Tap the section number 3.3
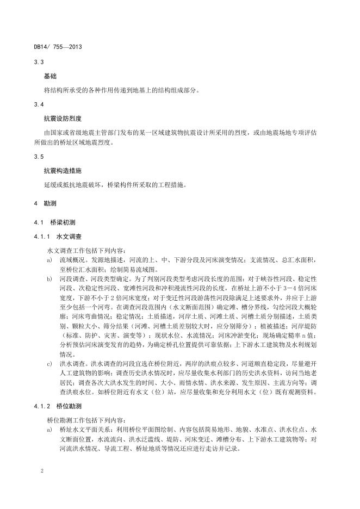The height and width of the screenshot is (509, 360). click(39, 63)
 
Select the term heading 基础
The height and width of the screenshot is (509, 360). click(50, 77)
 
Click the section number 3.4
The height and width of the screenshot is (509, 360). click(39, 104)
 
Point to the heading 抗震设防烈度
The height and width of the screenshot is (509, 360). click(63, 117)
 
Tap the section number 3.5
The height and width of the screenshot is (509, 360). click(39, 157)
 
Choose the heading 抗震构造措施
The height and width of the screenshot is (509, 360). click(63, 170)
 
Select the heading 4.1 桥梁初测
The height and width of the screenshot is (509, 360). click(57, 223)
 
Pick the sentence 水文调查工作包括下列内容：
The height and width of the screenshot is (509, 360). click(86, 251)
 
